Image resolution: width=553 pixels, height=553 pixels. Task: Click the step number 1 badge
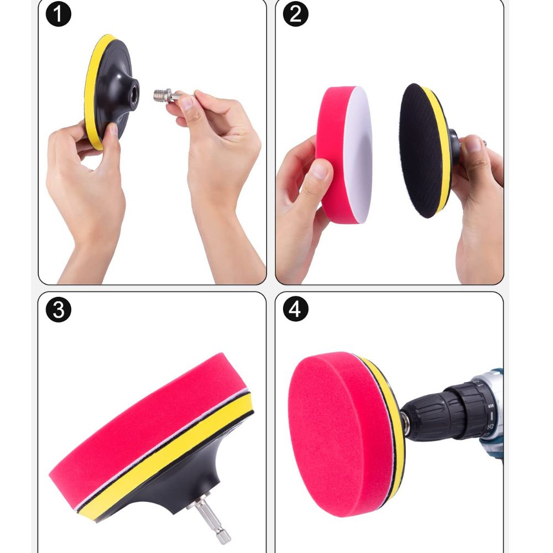(x=58, y=14)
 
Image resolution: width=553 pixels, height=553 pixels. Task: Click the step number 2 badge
(x=295, y=14)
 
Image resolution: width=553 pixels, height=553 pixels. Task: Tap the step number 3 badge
(x=58, y=309)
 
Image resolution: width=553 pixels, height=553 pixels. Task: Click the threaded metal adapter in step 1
(x=166, y=96)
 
